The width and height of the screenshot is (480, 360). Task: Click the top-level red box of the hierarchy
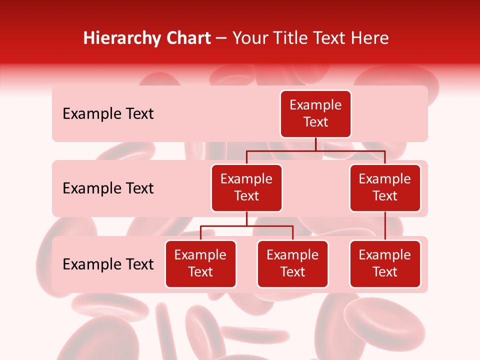click(x=315, y=114)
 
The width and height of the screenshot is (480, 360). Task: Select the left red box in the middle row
click(x=246, y=188)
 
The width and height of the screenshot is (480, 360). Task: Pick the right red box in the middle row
click(x=385, y=188)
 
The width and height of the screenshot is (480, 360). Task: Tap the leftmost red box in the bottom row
click(x=200, y=264)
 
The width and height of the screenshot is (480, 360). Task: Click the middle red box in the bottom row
click(x=292, y=264)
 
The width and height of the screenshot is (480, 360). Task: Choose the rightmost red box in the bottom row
click(x=385, y=264)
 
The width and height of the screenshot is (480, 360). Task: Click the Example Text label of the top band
click(x=108, y=114)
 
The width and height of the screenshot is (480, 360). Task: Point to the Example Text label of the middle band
click(x=108, y=188)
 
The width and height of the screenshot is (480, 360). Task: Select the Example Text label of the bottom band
click(x=108, y=264)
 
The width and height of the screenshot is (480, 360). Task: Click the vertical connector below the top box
click(x=315, y=144)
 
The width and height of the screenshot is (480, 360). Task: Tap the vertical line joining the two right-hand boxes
click(x=385, y=226)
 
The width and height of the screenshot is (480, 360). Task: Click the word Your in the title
click(x=248, y=38)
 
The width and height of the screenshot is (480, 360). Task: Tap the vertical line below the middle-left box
click(x=246, y=219)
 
